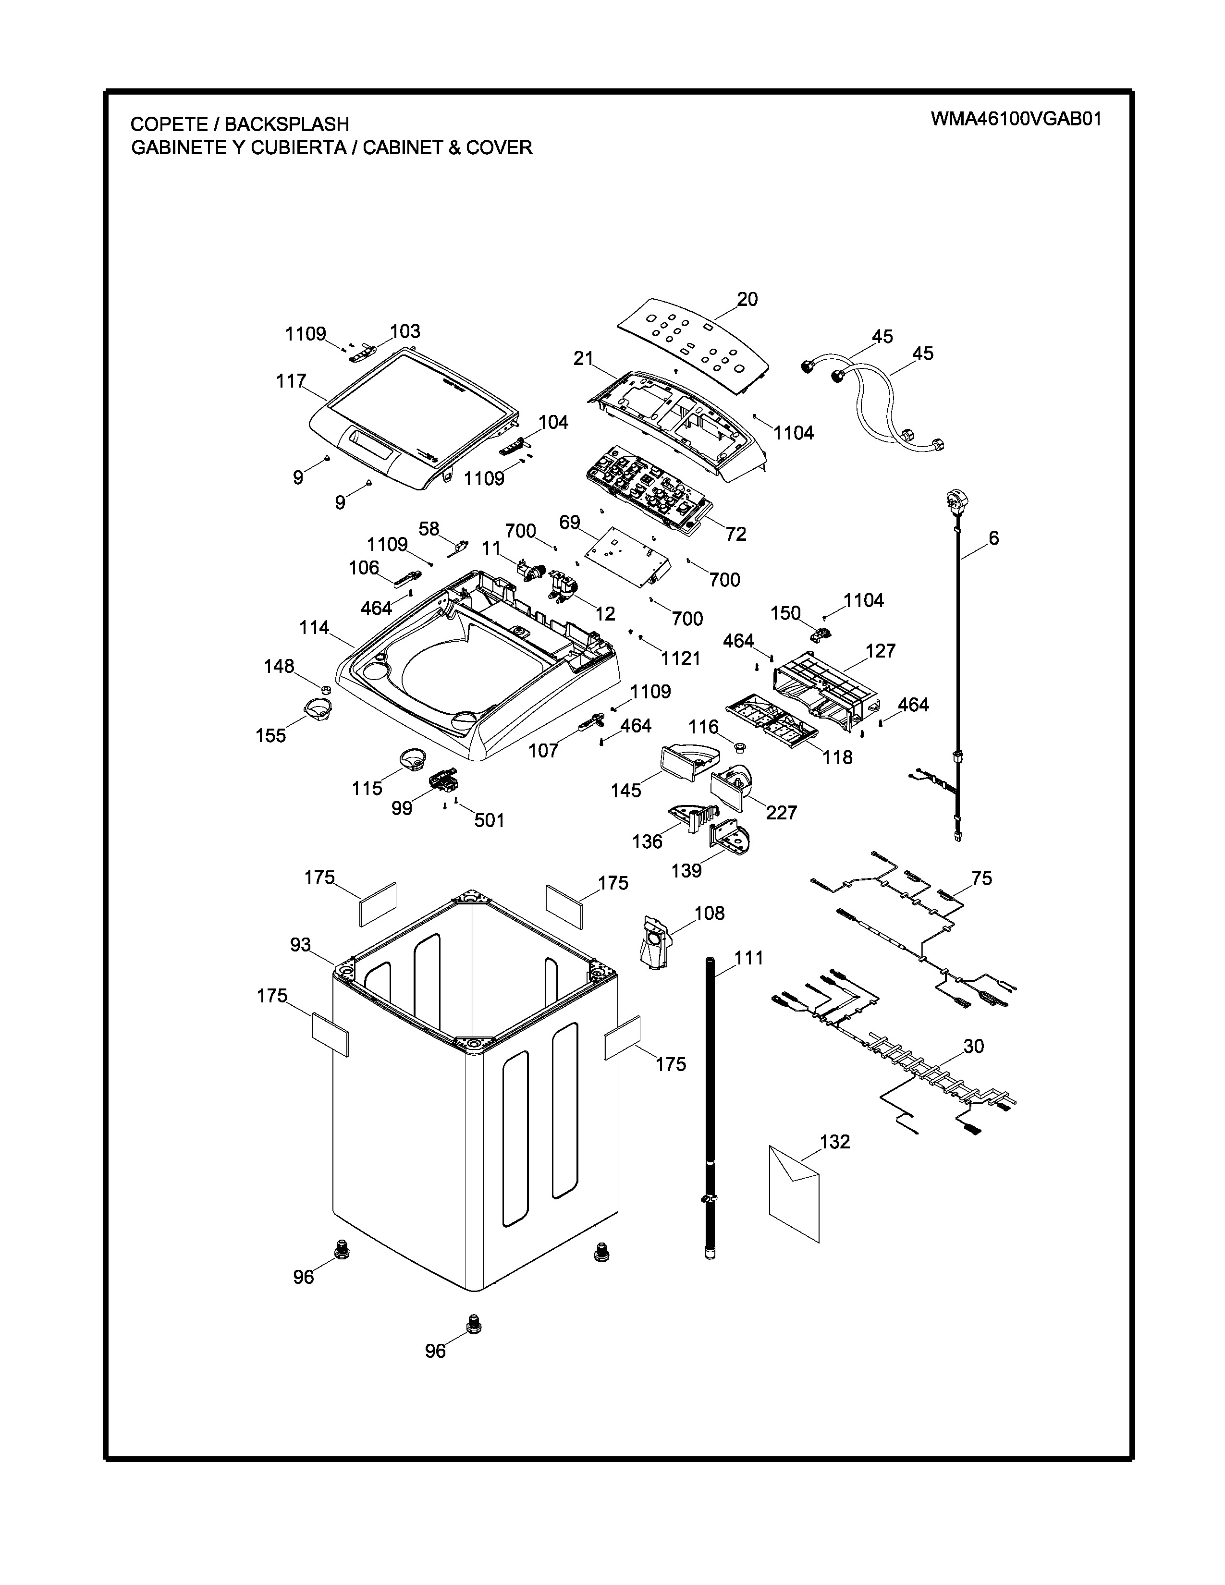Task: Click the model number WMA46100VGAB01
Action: point(1016,119)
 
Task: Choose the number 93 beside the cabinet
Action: point(300,945)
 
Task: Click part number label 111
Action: point(749,958)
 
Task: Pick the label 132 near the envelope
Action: point(834,1142)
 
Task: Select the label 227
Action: point(782,813)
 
